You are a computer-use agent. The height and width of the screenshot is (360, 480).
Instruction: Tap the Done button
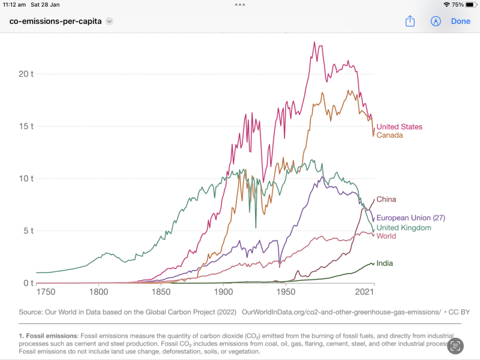tap(460, 21)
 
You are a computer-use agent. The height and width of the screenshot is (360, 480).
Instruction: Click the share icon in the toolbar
tap(410, 21)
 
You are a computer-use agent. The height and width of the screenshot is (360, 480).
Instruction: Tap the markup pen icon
tap(436, 21)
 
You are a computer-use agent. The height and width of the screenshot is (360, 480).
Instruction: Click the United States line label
tap(399, 127)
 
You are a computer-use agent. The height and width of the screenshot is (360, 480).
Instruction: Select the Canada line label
tap(389, 135)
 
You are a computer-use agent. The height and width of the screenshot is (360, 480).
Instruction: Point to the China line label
tap(386, 199)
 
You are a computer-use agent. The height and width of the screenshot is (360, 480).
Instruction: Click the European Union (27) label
tap(410, 218)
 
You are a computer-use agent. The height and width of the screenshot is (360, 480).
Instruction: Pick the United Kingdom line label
tap(403, 228)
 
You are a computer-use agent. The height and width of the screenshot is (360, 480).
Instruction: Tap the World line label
tap(386, 236)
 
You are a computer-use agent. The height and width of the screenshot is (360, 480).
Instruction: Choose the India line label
tap(385, 263)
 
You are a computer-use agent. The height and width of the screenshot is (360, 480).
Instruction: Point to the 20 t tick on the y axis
tap(26, 74)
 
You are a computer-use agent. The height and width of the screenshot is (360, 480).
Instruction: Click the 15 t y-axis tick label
tap(26, 126)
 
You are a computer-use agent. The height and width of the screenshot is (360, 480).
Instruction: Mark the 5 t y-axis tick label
tap(28, 230)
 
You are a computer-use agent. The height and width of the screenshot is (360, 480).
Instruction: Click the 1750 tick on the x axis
tap(46, 292)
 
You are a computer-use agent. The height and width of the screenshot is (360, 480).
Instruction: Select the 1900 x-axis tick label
tap(223, 292)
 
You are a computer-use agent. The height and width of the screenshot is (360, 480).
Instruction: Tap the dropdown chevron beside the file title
tap(109, 21)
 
